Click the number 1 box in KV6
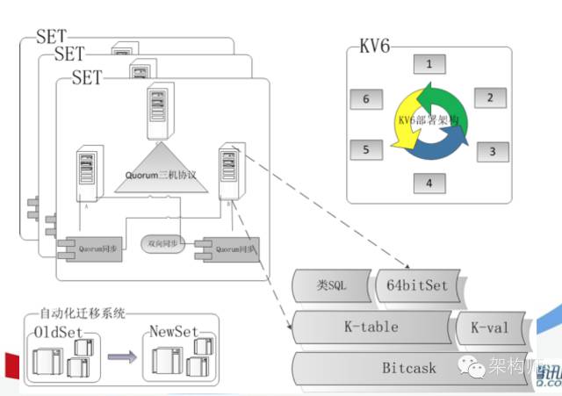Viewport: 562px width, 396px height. tap(428, 64)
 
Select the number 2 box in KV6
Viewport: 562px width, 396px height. tap(490, 98)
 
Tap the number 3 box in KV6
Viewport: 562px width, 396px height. tap(492, 151)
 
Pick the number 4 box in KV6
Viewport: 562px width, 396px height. tap(429, 184)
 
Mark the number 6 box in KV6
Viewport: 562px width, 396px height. tap(365, 99)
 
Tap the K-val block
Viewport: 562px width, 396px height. tap(490, 328)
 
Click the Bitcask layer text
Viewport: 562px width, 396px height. tap(408, 368)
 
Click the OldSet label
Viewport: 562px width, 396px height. tap(59, 332)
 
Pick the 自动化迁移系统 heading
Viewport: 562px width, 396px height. tap(83, 313)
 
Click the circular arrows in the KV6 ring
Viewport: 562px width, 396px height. tap(429, 124)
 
